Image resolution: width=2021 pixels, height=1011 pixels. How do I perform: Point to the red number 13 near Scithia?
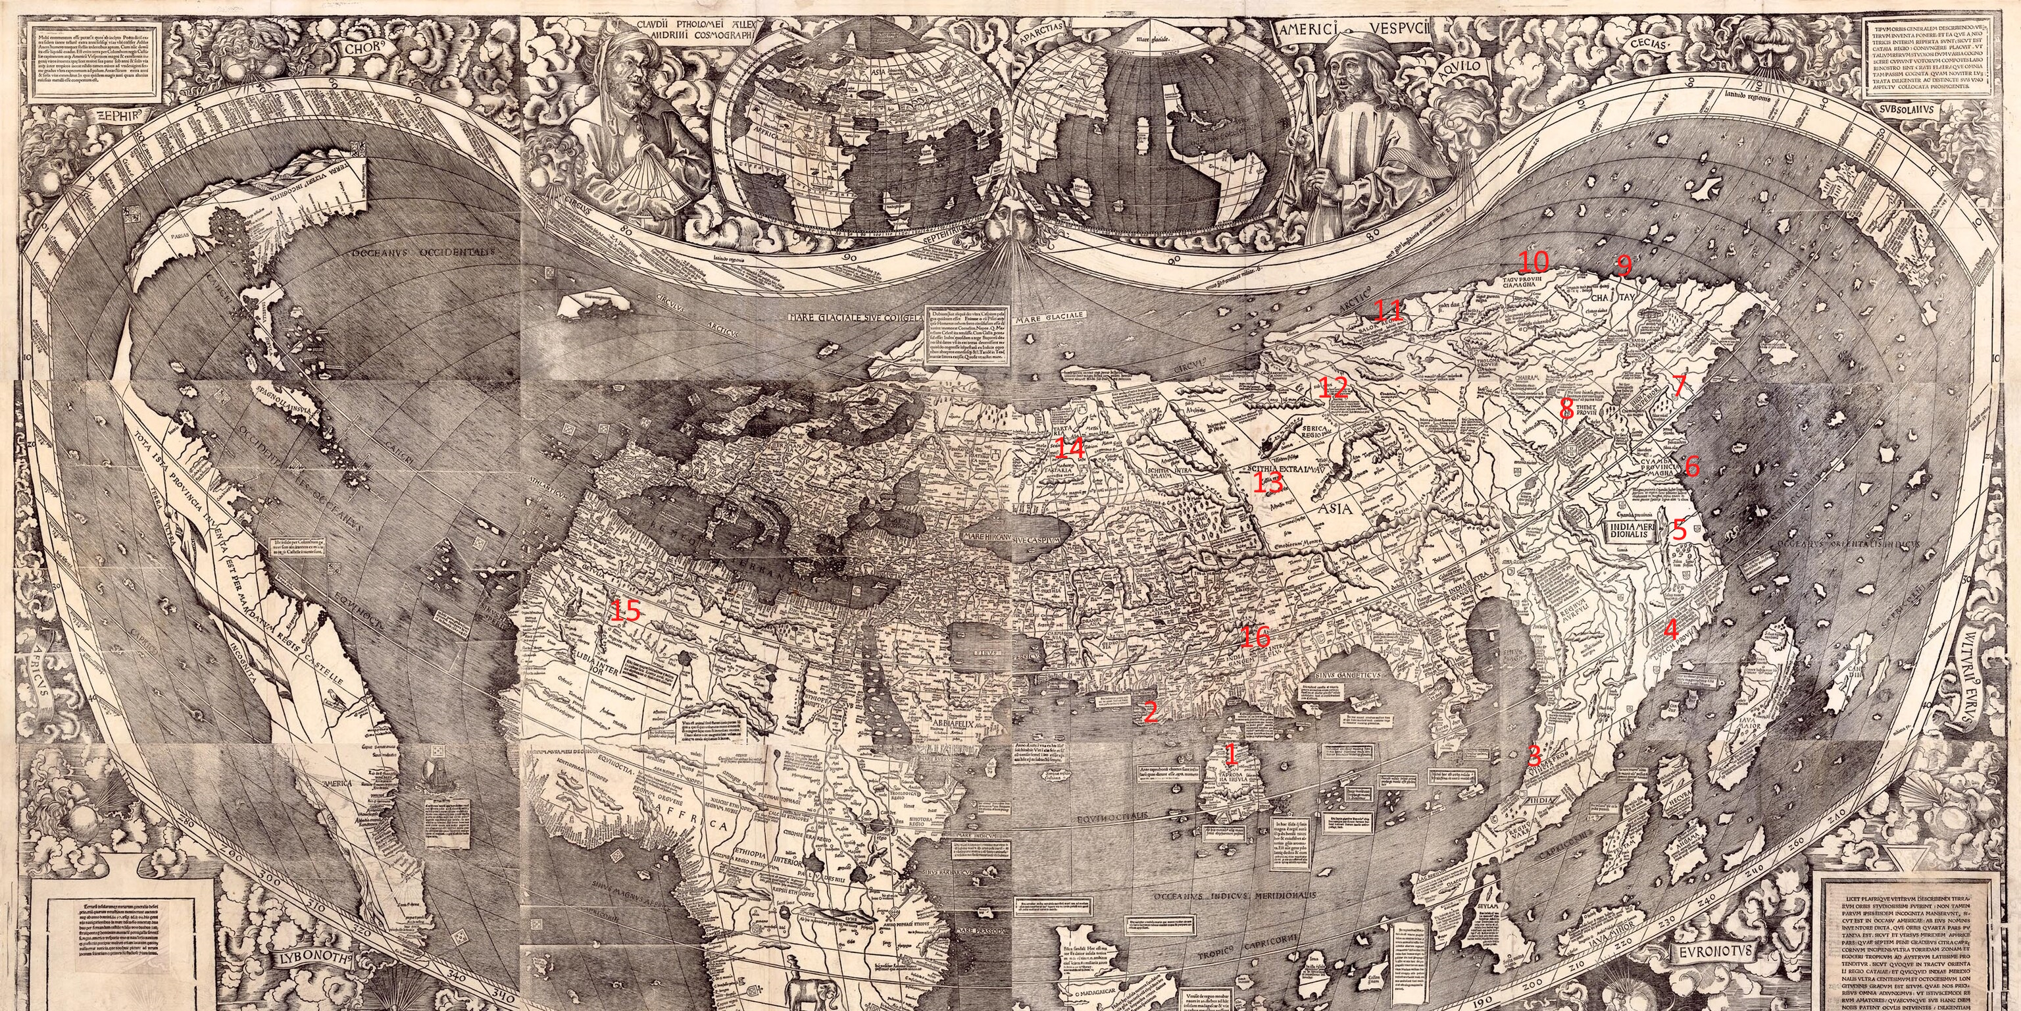[1266, 481]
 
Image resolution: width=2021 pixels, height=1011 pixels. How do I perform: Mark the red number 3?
[1533, 755]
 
